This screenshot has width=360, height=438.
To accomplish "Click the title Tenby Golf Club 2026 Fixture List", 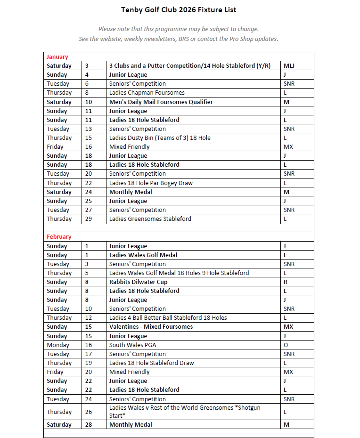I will [x=179, y=9].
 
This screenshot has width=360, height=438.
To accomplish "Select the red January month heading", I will [x=57, y=57].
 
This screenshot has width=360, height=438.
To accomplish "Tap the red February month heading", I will [x=59, y=237].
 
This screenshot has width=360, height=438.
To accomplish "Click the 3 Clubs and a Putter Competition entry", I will [x=190, y=66].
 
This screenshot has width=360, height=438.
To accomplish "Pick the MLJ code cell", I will [x=290, y=66].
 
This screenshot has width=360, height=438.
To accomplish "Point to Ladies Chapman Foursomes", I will [x=147, y=93].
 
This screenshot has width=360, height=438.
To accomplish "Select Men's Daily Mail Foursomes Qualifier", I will [x=161, y=102].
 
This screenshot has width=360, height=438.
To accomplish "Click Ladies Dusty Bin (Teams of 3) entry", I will [x=160, y=138].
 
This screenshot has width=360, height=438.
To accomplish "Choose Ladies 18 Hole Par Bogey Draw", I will [x=151, y=183].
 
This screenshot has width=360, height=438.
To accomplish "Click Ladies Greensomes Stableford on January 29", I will [x=150, y=219].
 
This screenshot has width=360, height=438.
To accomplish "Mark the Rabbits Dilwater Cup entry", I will [x=138, y=282].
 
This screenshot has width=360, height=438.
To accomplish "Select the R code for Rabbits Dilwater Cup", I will [x=286, y=282].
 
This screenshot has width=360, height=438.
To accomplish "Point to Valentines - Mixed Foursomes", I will [x=151, y=327].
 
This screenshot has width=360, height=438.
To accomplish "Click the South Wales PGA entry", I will [x=133, y=345].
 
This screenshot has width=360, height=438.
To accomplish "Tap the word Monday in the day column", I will [x=57, y=345].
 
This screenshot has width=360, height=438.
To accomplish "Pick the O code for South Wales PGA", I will [x=286, y=345].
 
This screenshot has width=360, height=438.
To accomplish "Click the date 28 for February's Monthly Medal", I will [x=89, y=425].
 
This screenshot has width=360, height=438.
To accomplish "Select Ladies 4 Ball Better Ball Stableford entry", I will [x=168, y=318].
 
